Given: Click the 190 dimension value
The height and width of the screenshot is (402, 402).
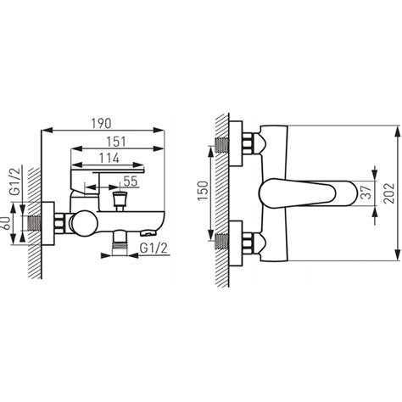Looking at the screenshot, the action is [101, 124].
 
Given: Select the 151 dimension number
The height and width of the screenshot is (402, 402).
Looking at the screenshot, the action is [116, 142].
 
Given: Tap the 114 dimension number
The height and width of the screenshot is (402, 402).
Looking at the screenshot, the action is [109, 159].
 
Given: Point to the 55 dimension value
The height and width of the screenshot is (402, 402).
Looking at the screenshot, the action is [131, 181].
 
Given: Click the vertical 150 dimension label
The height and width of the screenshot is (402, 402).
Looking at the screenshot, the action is [203, 191].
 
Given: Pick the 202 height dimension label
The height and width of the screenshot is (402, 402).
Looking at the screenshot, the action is [390, 193].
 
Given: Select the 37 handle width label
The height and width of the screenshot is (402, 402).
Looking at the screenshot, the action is [366, 193].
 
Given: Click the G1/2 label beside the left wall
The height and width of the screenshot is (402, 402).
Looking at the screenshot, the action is [15, 181].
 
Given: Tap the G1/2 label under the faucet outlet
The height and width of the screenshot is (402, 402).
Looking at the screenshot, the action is [154, 248].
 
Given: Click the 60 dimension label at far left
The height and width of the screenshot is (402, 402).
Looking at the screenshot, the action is [7, 223].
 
